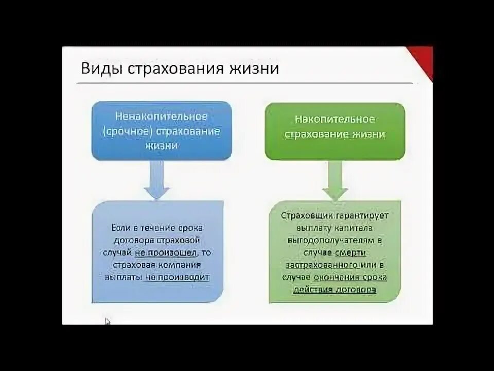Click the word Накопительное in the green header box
(x=334, y=120)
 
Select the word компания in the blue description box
(x=180, y=265)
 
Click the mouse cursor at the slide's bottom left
(x=108, y=321)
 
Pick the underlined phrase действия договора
(x=334, y=290)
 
